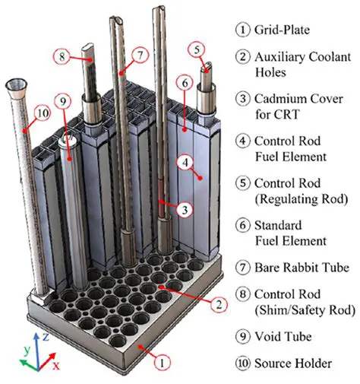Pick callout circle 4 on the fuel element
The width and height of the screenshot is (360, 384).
click(x=184, y=161)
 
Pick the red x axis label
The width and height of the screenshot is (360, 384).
click(x=55, y=365)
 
